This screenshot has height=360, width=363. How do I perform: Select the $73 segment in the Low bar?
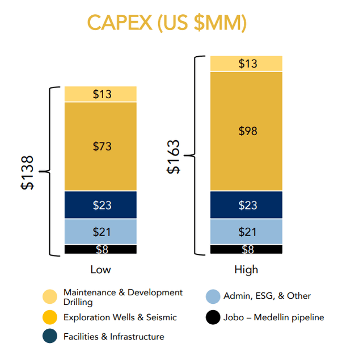pyautogui.click(x=101, y=146)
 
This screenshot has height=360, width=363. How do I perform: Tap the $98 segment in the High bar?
pyautogui.click(x=246, y=131)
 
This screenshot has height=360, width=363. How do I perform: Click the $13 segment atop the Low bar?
pyautogui.click(x=101, y=94)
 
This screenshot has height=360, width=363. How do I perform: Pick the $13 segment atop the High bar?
pyautogui.click(x=246, y=64)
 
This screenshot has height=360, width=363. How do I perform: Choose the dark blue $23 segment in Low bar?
pyautogui.click(x=101, y=205)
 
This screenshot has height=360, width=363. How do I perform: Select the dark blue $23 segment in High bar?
pyautogui.click(x=246, y=205)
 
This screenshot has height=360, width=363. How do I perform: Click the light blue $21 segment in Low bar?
pyautogui.click(x=101, y=232)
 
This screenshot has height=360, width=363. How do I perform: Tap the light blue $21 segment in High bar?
pyautogui.click(x=246, y=232)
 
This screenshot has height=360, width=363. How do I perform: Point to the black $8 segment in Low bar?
pyautogui.click(x=101, y=249)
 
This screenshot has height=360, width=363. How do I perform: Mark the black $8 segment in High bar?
pyautogui.click(x=246, y=249)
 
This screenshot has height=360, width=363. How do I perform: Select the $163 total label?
pyautogui.click(x=174, y=156)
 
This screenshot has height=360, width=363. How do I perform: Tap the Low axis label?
pyautogui.click(x=101, y=269)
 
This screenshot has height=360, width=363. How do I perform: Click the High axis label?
pyautogui.click(x=246, y=269)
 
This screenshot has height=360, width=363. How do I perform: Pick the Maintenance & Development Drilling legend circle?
pyautogui.click(x=50, y=297)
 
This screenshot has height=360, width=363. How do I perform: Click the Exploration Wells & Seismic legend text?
pyautogui.click(x=120, y=317)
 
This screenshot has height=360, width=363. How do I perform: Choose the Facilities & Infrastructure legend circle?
pyautogui.click(x=50, y=336)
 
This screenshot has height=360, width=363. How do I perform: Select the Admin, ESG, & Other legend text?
pyautogui.click(x=267, y=296)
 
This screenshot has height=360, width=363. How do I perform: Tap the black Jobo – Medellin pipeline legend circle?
pyautogui.click(x=213, y=317)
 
